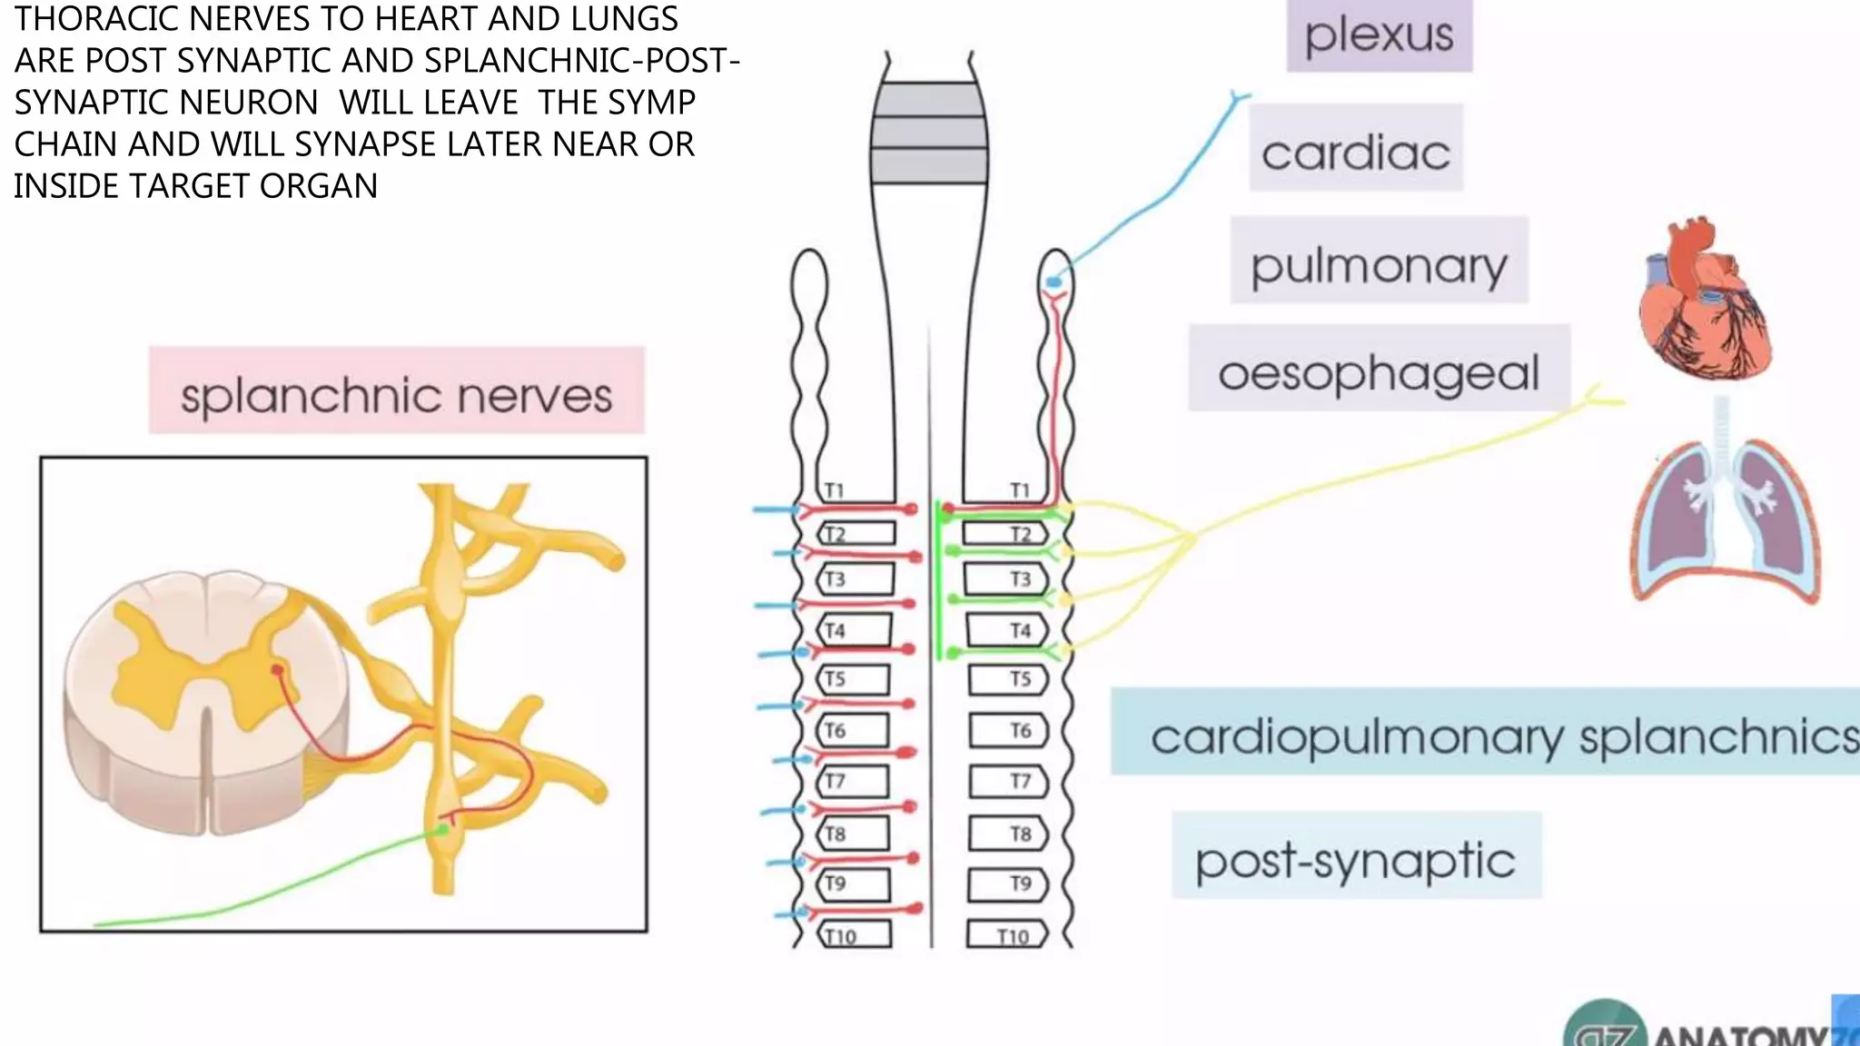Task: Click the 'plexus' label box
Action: [x=1379, y=35]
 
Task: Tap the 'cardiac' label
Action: [x=1355, y=150]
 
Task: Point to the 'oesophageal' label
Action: [x=1379, y=370]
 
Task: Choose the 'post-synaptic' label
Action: [x=1355, y=857]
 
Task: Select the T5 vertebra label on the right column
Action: [x=1020, y=678]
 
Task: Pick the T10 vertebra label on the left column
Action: [x=840, y=936]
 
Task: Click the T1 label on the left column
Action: [x=834, y=490]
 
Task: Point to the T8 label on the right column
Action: [x=1020, y=833]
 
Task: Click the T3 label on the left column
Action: [x=834, y=578]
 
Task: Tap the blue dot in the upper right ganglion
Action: [x=1054, y=282]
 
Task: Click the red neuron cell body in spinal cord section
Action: [x=277, y=669]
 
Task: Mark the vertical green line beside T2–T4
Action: [x=937, y=581]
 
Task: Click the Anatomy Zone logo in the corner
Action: [x=1707, y=1030]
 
